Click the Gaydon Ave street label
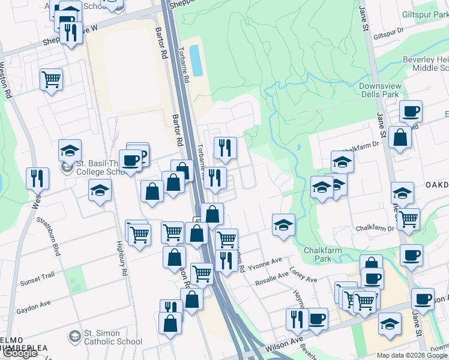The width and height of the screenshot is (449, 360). [x=34, y=305]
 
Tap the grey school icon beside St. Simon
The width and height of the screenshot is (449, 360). [x=74, y=335]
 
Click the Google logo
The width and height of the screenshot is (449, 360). [x=20, y=353]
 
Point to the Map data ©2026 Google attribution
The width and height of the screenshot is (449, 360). [x=411, y=355]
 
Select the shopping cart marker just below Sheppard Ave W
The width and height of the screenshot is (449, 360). [x=52, y=79]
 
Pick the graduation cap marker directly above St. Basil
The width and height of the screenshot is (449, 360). [x=70, y=150]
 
